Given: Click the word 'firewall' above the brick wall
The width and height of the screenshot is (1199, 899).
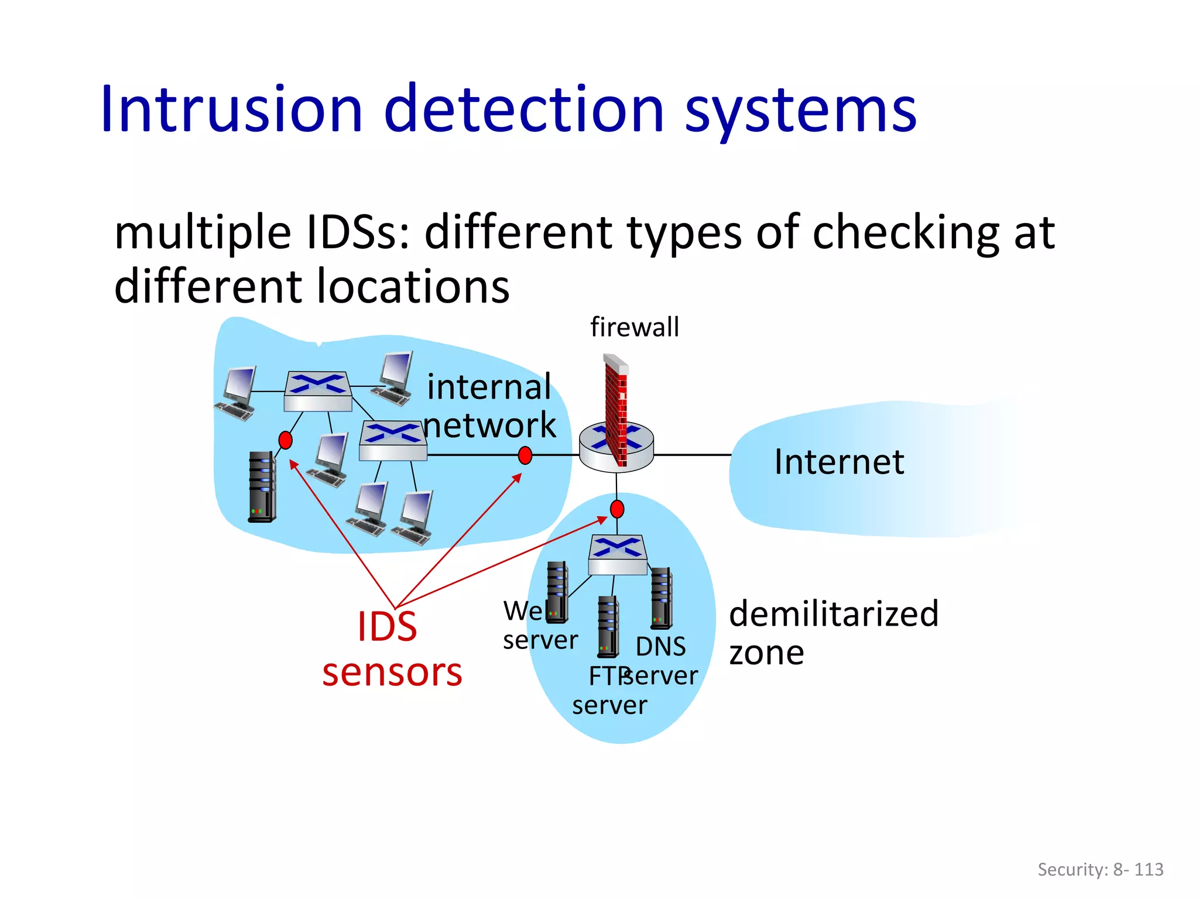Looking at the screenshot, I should click(x=635, y=327).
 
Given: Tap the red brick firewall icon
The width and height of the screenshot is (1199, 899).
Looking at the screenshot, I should click(x=616, y=410).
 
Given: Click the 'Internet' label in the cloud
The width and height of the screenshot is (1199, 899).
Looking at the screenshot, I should click(x=839, y=462).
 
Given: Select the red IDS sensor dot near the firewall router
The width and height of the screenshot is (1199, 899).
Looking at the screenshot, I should click(x=525, y=455).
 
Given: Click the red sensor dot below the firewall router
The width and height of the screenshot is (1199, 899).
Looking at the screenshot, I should click(x=617, y=509).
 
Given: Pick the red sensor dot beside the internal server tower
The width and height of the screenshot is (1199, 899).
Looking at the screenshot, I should click(x=285, y=440).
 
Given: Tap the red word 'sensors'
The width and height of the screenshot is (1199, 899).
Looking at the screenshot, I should click(x=392, y=672).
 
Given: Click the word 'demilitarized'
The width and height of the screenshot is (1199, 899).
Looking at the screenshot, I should click(x=834, y=614).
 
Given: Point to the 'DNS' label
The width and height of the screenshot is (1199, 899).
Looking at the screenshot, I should click(x=660, y=647).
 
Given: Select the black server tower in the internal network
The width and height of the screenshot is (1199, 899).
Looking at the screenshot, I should click(x=262, y=486).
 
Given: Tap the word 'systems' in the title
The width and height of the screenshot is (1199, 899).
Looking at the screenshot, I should click(x=800, y=111).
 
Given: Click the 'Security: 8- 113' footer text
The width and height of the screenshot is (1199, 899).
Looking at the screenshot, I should click(x=1100, y=869).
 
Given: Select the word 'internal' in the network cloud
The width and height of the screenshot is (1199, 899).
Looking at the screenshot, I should click(x=489, y=387).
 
